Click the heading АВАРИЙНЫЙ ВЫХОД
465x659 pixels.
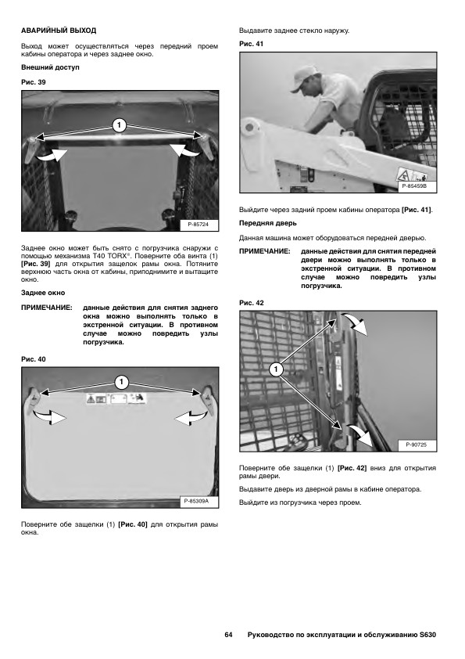[x=59, y=31]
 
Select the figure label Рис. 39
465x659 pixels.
[x=33, y=82]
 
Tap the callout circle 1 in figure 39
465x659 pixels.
[x=120, y=124]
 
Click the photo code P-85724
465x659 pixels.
[x=198, y=224]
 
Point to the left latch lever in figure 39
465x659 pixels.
[x=30, y=149]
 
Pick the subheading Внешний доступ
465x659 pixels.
[x=50, y=67]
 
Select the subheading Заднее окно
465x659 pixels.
[x=43, y=293]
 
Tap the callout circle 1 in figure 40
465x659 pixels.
[x=121, y=382]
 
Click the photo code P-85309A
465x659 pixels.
[x=196, y=501]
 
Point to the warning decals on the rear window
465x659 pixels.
[x=116, y=398]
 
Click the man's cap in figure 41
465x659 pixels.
[x=304, y=78]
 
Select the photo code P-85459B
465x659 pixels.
[x=415, y=186]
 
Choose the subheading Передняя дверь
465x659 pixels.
[x=268, y=223]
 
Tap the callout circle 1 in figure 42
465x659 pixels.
[x=276, y=369]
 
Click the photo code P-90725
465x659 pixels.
[x=417, y=445]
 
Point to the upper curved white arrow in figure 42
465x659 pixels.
[x=355, y=322]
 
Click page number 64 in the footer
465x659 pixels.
[x=228, y=635]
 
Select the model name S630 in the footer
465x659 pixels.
[x=427, y=635]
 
